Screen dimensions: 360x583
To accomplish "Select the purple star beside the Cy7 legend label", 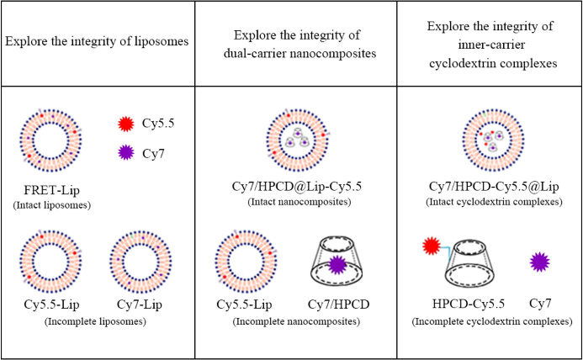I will [126, 155].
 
